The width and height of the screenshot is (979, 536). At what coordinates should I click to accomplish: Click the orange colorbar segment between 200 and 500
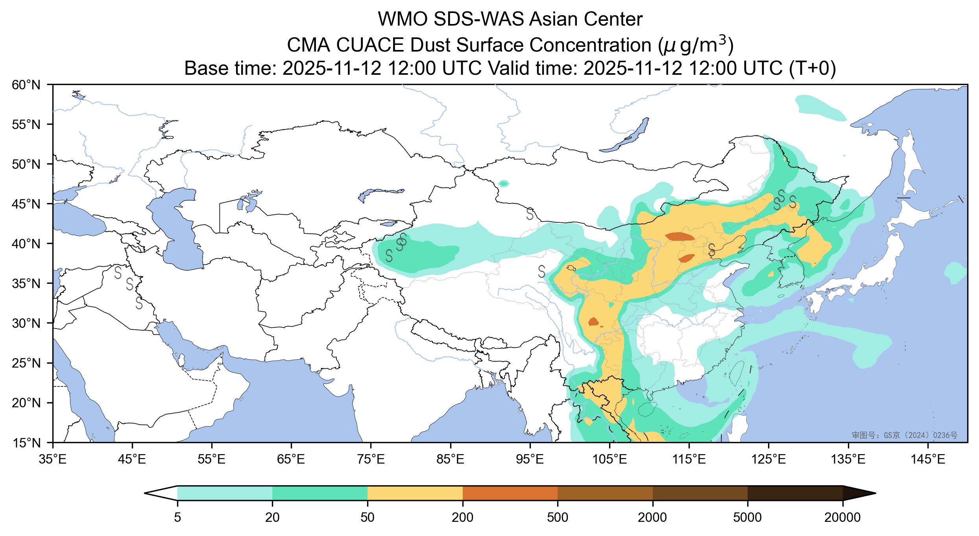[510, 493]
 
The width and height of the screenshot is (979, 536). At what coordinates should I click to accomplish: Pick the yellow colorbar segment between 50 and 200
[415, 493]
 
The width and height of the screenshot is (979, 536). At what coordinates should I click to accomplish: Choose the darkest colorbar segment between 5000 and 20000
[795, 493]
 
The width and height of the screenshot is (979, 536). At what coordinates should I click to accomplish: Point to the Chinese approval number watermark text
[904, 435]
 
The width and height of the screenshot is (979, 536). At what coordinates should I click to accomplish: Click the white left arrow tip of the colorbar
[157, 493]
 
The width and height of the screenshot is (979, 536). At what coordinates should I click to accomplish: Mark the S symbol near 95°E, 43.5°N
[530, 214]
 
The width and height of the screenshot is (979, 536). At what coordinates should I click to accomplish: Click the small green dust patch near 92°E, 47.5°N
[503, 183]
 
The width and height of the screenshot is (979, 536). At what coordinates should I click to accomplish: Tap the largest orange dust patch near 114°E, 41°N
[680, 237]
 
